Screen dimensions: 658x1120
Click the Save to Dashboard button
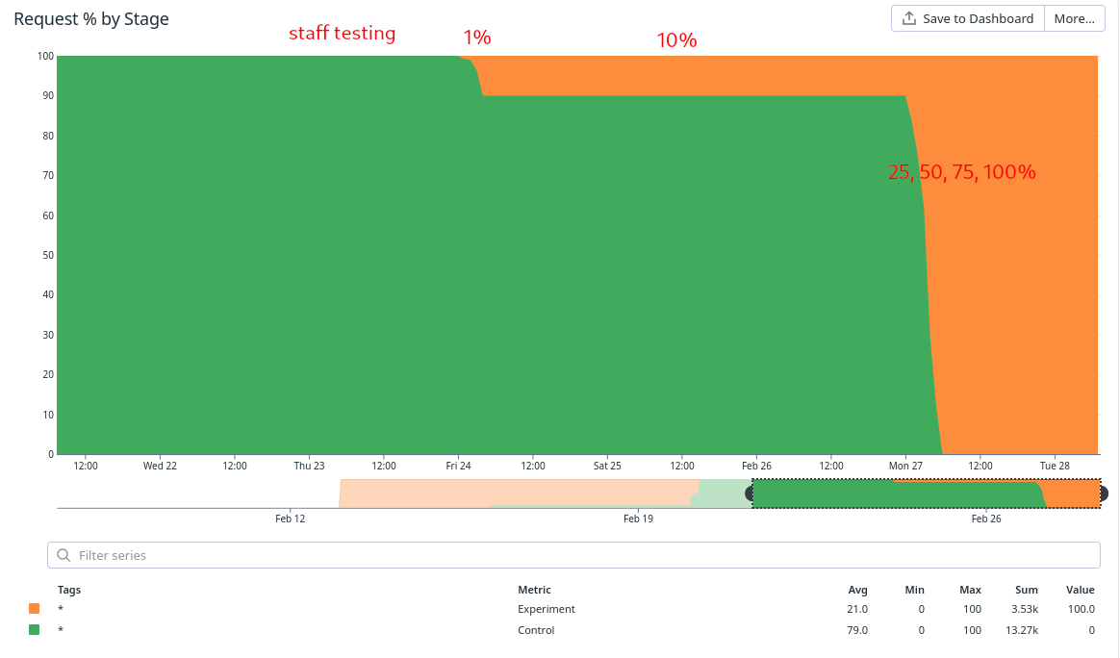point(968,18)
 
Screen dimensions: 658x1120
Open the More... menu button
point(1074,18)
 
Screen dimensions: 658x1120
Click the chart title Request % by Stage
point(91,19)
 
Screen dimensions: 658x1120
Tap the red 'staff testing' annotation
point(343,34)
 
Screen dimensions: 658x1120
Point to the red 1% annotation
point(477,38)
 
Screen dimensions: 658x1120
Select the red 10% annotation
point(676,40)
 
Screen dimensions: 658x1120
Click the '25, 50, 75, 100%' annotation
point(961,173)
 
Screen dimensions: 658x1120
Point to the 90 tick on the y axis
point(47,96)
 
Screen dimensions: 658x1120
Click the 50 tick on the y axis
point(47,255)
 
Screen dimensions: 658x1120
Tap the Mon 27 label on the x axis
point(905,466)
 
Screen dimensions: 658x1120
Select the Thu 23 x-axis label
point(309,466)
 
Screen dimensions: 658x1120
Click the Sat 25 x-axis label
point(607,466)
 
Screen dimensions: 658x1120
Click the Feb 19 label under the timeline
point(638,519)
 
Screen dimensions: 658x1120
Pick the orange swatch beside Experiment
point(35,609)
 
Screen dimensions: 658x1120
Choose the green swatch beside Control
point(35,630)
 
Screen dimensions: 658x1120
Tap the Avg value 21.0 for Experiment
point(857,609)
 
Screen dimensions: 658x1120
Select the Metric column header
point(534,590)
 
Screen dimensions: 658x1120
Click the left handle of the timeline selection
point(751,493)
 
